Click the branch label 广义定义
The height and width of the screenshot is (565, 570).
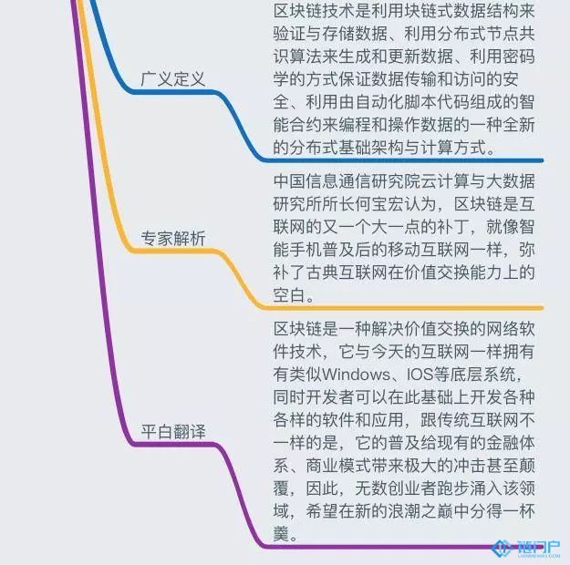point(173,79)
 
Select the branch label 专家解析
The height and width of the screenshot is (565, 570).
point(173,239)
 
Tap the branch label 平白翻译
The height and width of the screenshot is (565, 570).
point(173,429)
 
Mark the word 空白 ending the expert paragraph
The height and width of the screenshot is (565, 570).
point(293,295)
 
